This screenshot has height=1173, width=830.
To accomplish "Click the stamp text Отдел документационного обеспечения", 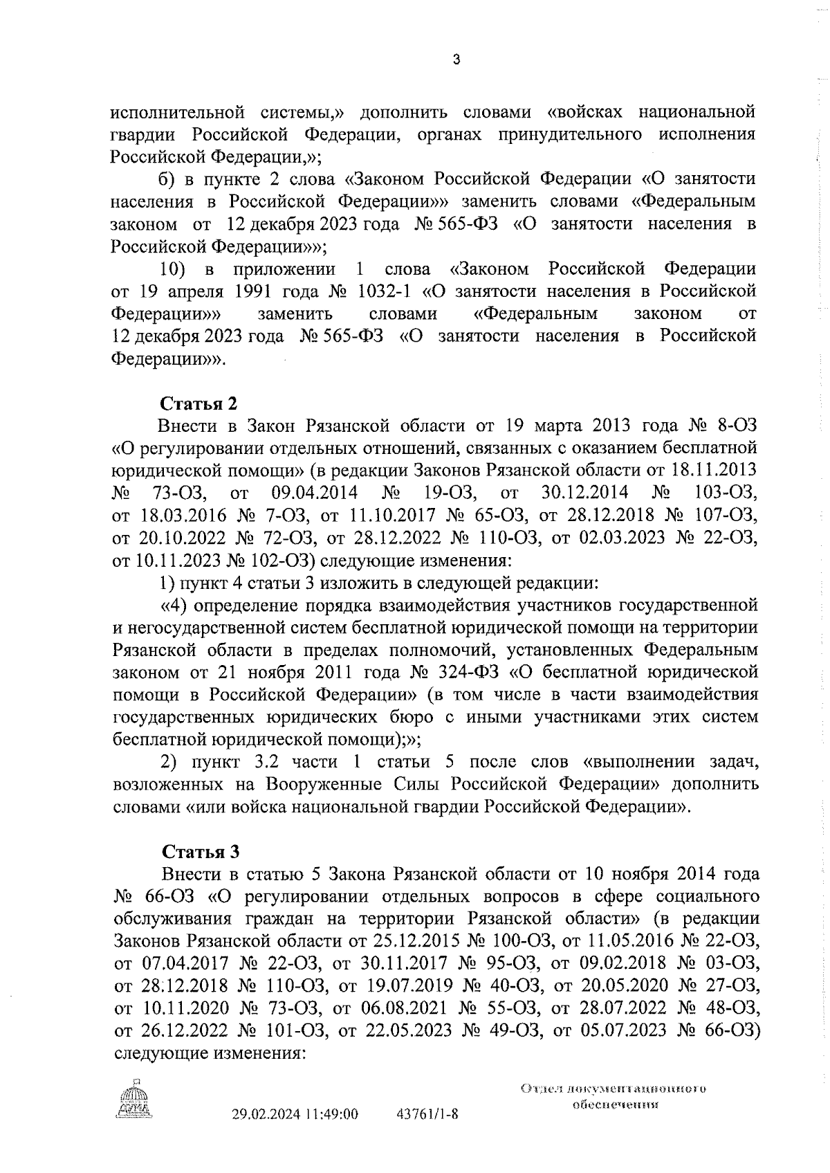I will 614,1096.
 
